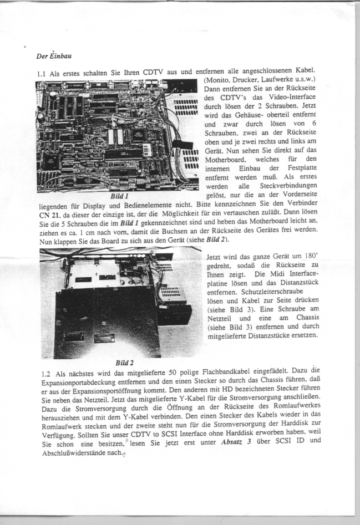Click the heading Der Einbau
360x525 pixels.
click(53, 56)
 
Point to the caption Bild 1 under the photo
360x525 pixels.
click(119, 196)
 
